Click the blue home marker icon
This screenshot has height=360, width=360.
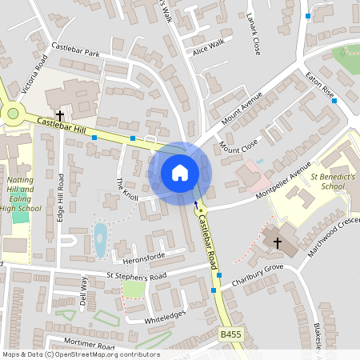180,173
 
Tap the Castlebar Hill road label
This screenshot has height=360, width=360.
59,125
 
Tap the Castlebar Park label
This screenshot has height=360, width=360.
75,50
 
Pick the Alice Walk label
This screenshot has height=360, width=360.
209,47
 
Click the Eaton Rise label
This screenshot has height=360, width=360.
319,86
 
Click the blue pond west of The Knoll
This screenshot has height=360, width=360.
100,239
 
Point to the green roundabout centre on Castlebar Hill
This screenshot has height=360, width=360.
12,114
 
